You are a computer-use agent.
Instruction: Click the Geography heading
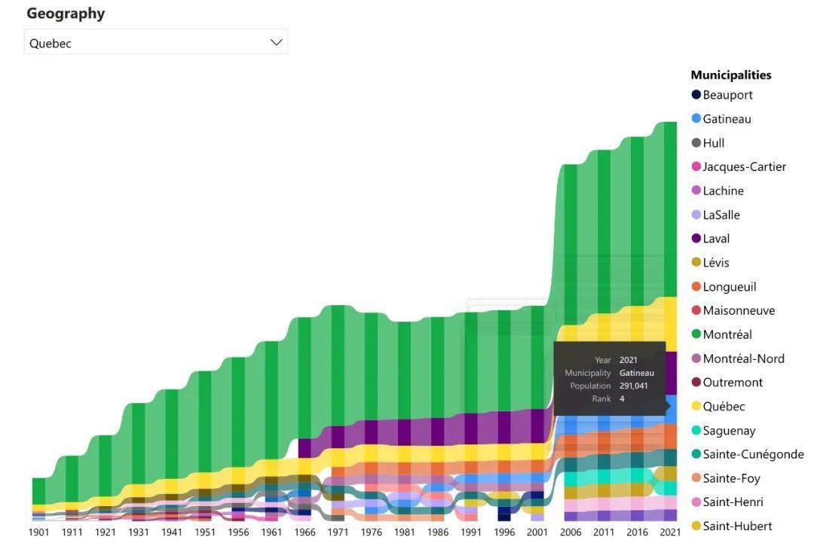click(66, 14)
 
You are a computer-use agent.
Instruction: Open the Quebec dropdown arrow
click(276, 42)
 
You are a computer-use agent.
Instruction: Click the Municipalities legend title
click(730, 75)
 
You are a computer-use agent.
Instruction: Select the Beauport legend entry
click(727, 95)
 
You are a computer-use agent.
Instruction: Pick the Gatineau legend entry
click(726, 119)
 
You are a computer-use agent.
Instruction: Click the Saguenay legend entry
click(728, 431)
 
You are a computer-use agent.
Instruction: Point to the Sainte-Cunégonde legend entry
click(752, 454)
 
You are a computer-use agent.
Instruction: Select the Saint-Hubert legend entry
click(736, 526)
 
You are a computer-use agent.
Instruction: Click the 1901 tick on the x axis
click(39, 532)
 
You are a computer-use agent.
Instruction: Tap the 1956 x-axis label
click(238, 532)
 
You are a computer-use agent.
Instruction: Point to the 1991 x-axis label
click(471, 532)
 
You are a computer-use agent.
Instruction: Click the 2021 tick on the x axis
click(670, 532)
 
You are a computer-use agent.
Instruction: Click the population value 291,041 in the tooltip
click(633, 386)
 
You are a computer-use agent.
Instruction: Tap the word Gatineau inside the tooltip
click(636, 373)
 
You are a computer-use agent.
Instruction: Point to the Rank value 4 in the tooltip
click(622, 398)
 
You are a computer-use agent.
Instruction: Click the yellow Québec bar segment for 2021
click(670, 324)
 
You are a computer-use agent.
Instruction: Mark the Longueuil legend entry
click(728, 287)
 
